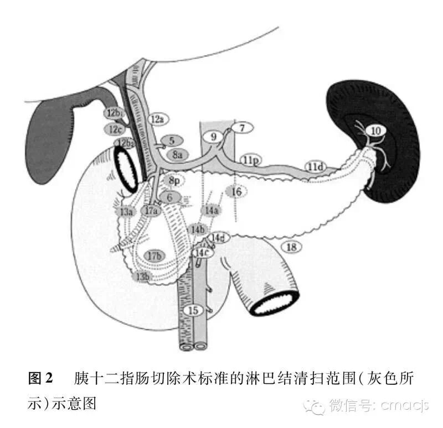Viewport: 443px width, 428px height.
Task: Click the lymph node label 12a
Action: pos(157,119)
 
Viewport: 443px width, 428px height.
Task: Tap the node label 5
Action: pos(172,142)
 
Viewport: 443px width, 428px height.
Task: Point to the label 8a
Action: pos(178,155)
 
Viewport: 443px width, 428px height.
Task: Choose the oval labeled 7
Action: pos(241,128)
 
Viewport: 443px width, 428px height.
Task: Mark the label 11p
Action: pos(250,160)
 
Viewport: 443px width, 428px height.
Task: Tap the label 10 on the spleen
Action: pos(376,131)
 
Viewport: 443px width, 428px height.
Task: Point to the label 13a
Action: pos(126,212)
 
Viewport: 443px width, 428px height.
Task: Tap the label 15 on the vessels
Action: pos(193,310)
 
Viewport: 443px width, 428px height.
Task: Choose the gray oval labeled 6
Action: pos(170,196)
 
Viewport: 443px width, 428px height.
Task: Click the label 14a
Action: pos(211,210)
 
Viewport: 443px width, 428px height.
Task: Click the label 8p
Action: pos(174,180)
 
